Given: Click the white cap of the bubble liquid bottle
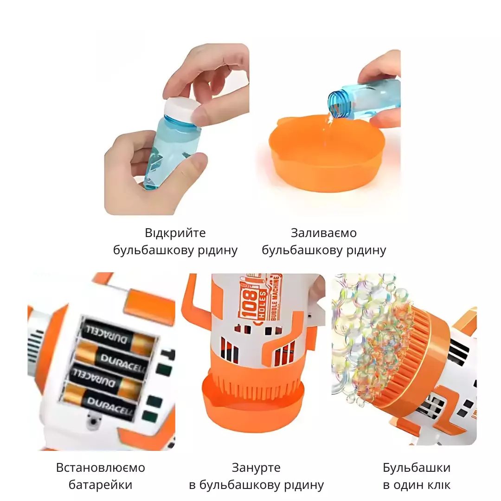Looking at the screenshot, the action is [x=181, y=109].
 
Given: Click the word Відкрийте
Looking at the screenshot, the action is [x=175, y=232].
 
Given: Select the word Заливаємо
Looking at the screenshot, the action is [x=324, y=232].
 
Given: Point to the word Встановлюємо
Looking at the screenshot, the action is [x=101, y=468].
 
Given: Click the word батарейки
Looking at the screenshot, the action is [x=100, y=485].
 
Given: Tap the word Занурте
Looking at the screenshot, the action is [x=256, y=468].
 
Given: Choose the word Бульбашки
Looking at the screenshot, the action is [x=417, y=468].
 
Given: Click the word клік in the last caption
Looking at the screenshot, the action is [x=437, y=485].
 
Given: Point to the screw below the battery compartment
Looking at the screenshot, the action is [x=93, y=422].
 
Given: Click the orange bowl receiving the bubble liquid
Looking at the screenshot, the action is [x=327, y=154].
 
